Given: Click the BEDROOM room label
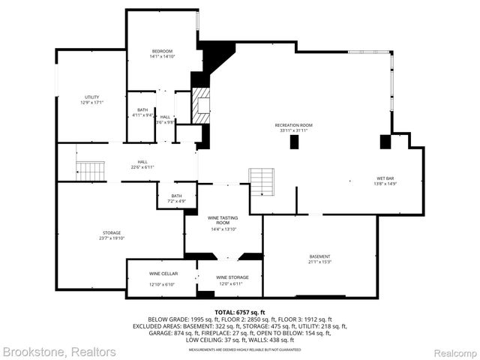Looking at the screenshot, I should pyautogui.click(x=161, y=51).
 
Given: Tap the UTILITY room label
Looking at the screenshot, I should pyautogui.click(x=91, y=97).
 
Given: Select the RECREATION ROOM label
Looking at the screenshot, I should pyautogui.click(x=293, y=124).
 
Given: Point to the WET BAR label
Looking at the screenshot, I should pyautogui.click(x=385, y=178).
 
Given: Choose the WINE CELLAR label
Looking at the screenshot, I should pyautogui.click(x=163, y=274).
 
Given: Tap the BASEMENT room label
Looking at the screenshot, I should pyautogui.click(x=319, y=257).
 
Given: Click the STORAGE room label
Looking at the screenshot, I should pyautogui.click(x=112, y=232).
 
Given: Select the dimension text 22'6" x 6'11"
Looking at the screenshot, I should pyautogui.click(x=142, y=166).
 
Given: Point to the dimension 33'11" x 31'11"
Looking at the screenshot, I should pyautogui.click(x=293, y=130).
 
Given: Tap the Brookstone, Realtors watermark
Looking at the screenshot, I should pyautogui.click(x=58, y=351).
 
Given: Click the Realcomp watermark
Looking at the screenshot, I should pyautogui.click(x=450, y=351).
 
